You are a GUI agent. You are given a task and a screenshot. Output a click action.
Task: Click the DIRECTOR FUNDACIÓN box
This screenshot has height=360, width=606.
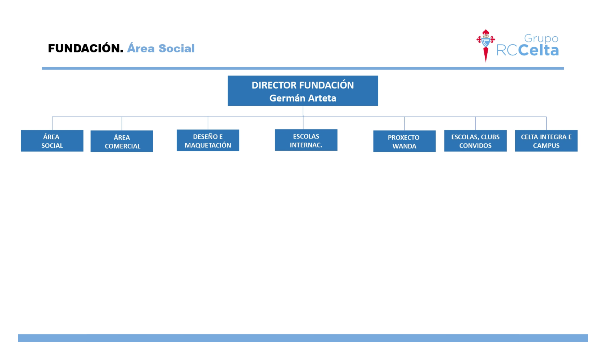coord(303,91)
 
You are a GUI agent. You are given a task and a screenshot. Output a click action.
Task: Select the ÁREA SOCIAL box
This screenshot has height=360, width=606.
coord(52,141)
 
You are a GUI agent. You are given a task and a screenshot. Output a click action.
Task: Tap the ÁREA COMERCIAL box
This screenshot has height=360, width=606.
coord(122,141)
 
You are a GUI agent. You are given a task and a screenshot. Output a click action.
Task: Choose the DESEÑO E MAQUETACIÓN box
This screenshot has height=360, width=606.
coord(208,140)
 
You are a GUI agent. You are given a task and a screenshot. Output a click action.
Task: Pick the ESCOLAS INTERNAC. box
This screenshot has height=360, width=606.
coord(306,140)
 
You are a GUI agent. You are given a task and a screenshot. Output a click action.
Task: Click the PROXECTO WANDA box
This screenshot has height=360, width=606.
coord(404,141)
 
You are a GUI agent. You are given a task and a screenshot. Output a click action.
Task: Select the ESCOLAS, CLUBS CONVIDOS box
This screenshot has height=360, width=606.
coord(475,141)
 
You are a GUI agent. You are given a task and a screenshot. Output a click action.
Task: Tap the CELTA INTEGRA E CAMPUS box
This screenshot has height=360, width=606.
coord(546,141)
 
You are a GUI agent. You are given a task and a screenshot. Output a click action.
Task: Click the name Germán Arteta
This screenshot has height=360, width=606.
coord(303,98)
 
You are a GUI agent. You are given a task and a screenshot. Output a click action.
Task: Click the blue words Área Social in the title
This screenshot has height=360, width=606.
coord(161,49)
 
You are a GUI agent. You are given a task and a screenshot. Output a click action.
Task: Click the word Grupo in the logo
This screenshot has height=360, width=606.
coord(541,38)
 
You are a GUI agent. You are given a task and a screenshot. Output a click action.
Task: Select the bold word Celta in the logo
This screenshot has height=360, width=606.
coord(538,50)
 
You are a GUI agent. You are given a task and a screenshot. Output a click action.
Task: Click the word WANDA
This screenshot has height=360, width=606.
coord(404,146)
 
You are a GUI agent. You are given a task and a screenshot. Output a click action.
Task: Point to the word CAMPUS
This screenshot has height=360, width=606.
coord(546,146)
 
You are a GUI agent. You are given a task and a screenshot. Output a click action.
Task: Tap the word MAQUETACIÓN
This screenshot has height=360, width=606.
coord(208,145)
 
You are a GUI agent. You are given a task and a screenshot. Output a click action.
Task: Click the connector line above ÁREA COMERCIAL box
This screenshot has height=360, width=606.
coord(122,124)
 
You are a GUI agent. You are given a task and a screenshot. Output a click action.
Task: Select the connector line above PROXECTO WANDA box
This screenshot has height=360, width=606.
coord(404,124)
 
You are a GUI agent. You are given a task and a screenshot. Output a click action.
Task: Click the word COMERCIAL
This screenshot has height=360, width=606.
coord(123,146)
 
